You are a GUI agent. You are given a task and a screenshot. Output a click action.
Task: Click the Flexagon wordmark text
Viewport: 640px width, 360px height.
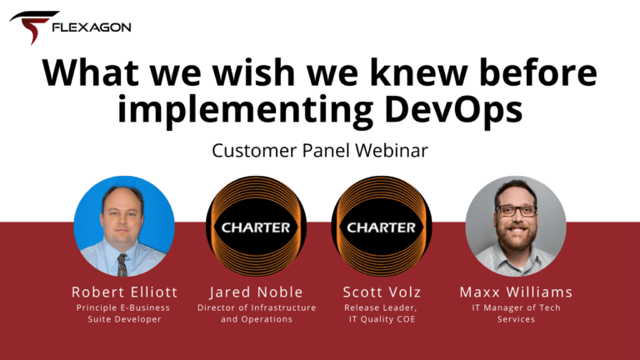coord(92,27)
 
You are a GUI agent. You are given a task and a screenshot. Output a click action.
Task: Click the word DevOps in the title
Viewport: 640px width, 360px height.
coord(453,108)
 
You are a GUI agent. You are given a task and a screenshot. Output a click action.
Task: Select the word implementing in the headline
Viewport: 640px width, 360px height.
coord(245,109)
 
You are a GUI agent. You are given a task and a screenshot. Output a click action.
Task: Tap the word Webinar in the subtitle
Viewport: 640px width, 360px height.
coord(392,150)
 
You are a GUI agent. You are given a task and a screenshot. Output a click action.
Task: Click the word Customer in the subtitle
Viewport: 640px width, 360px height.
coord(254,150)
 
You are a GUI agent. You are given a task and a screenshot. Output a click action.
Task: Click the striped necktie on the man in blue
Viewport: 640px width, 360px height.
coord(122,264)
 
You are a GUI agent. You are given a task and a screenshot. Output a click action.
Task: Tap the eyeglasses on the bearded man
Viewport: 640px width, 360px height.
coord(516,211)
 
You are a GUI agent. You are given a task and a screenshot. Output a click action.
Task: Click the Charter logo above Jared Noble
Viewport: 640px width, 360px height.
coord(256,226)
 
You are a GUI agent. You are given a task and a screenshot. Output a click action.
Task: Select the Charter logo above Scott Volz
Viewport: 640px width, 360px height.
coord(381,226)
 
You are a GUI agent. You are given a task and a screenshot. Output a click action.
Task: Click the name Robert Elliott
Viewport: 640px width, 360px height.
coord(124,292)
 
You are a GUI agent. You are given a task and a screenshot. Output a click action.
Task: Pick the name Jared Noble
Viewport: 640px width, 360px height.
coord(256,292)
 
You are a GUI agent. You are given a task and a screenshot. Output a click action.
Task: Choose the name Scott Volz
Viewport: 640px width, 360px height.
coord(382,292)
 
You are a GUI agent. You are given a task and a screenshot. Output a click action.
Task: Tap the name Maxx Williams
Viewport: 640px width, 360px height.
coord(516,292)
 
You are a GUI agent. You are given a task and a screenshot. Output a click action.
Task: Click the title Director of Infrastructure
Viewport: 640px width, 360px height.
coord(257,307)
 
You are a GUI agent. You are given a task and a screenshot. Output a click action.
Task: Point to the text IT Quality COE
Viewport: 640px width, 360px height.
coord(382,319)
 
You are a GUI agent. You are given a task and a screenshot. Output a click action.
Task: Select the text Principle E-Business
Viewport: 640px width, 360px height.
coord(122,307)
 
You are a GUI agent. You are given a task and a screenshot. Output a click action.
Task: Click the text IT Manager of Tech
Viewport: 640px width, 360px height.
coord(516,307)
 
